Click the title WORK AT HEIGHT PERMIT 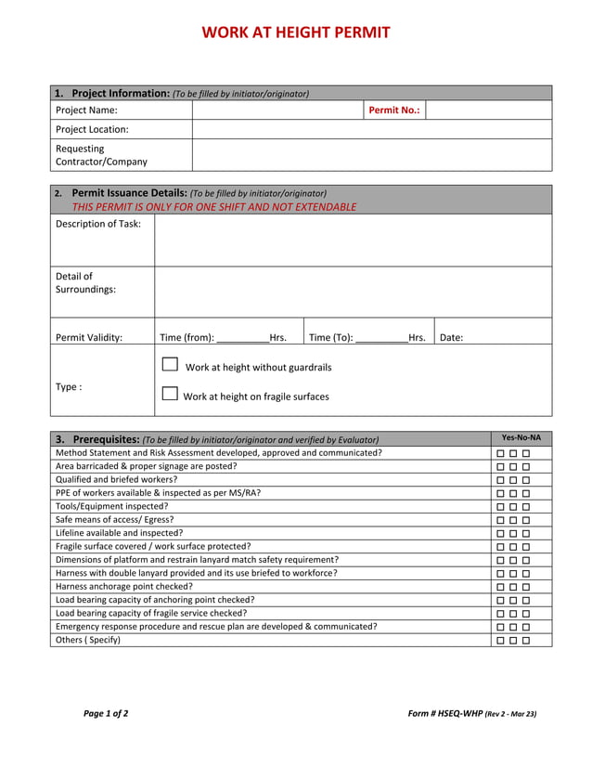[x=296, y=32]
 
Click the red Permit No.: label [x=394, y=110]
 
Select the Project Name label [x=86, y=110]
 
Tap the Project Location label [x=92, y=130]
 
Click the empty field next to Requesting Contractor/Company [x=371, y=155]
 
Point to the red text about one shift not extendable [x=213, y=207]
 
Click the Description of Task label [x=98, y=224]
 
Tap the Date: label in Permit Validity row [x=451, y=338]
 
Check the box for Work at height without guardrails [x=170, y=365]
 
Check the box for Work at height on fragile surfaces [x=170, y=394]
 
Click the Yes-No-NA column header [x=521, y=438]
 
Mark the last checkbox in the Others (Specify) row [x=526, y=641]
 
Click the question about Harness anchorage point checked [x=124, y=587]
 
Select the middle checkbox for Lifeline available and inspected [x=513, y=534]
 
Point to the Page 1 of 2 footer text [x=106, y=714]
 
